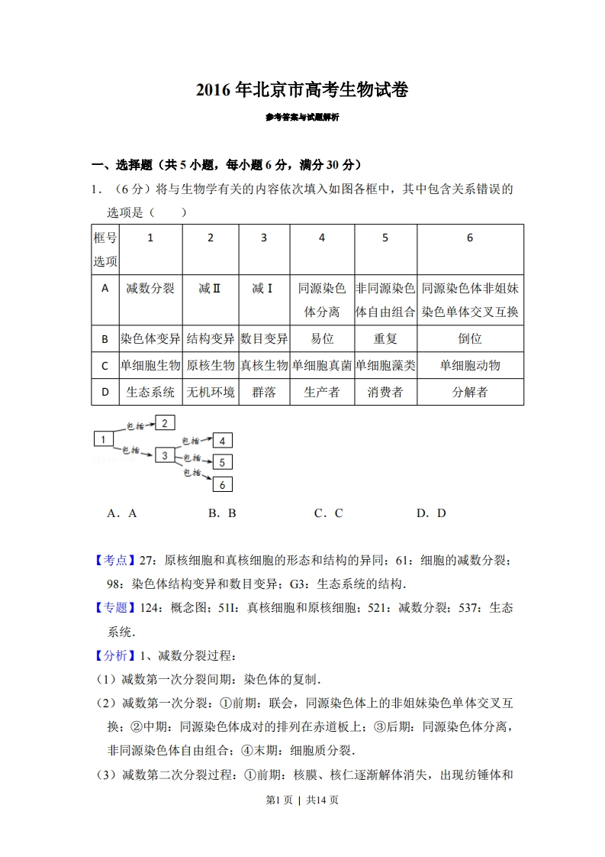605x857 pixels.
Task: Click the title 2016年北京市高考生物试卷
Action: [302, 90]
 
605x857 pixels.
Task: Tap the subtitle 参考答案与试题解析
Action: [302, 118]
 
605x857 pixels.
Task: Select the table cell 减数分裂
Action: [150, 289]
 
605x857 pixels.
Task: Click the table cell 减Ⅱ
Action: [210, 289]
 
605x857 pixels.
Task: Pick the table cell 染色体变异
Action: [150, 338]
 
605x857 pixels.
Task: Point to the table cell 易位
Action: [322, 338]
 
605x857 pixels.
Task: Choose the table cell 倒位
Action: [469, 338]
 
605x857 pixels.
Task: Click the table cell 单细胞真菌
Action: [322, 365]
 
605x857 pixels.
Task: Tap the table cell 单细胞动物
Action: [469, 365]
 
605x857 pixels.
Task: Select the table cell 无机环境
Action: [210, 392]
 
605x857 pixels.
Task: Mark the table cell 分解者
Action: [469, 392]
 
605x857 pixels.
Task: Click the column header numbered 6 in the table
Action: [469, 238]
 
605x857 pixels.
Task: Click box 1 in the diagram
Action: [103, 438]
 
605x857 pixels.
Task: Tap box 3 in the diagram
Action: [164, 455]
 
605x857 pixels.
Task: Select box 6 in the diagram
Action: [222, 484]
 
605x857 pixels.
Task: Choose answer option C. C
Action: [329, 513]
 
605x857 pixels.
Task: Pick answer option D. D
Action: [431, 513]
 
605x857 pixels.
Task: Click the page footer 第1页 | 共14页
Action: [302, 800]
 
